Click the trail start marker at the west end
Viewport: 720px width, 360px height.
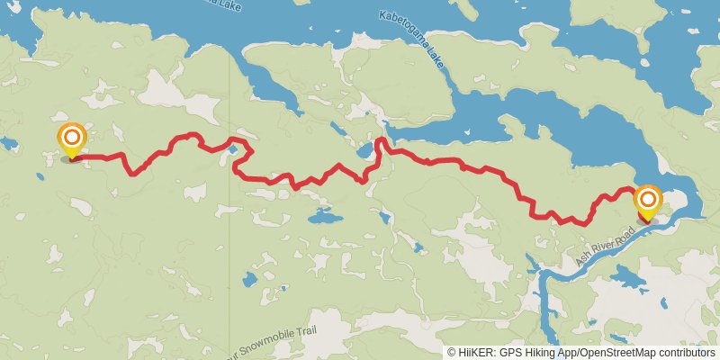(71, 139)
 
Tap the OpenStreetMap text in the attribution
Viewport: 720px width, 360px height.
(613, 353)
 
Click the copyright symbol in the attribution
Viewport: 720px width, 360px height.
(452, 353)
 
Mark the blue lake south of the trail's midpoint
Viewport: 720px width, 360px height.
(321, 218)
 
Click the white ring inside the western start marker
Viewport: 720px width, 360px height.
(71, 138)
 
